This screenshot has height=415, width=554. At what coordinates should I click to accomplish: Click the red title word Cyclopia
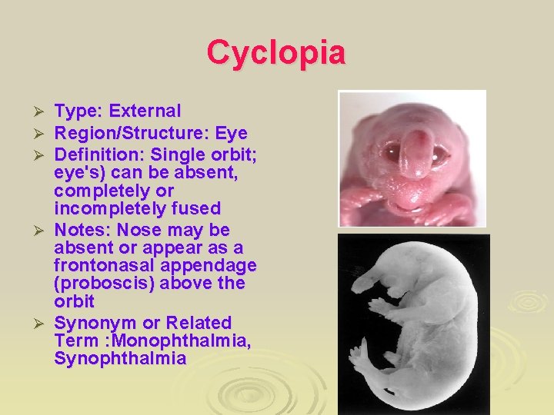pos(276,52)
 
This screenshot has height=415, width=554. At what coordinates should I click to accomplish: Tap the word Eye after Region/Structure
pos(231,134)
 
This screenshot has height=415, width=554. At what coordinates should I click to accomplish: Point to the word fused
pos(198,208)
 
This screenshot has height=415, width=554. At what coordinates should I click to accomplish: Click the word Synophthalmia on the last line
pos(119,358)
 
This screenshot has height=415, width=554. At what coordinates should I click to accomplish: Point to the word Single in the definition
pos(176,155)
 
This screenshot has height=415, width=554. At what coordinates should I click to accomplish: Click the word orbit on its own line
pos(74,300)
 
